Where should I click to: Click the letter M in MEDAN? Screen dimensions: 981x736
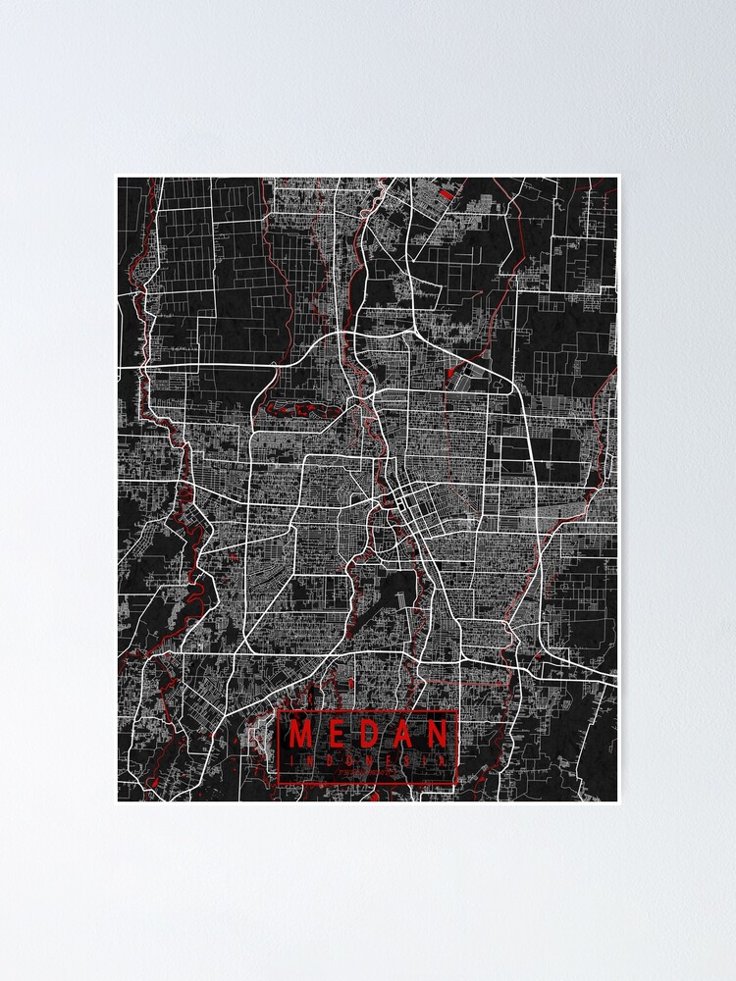(300, 734)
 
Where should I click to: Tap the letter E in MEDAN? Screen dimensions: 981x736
(336, 734)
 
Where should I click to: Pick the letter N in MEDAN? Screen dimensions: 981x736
(440, 734)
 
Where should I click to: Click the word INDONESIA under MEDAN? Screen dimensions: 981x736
(369, 759)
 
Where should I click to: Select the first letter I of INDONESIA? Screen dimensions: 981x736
(291, 759)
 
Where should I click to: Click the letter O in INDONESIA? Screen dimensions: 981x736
(349, 759)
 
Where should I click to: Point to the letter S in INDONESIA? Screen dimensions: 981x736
(408, 759)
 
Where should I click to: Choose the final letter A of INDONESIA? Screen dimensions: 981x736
(447, 759)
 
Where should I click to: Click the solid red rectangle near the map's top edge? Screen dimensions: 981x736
(446, 193)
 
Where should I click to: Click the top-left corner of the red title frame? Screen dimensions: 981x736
(279, 710)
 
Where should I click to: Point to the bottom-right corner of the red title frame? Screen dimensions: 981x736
(458, 785)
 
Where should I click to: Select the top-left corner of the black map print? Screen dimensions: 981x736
(119, 178)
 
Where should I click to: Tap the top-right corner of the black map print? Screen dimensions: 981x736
(617, 178)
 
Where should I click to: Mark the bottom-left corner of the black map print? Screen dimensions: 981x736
(119, 800)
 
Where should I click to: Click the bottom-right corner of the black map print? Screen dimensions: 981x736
(617, 800)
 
